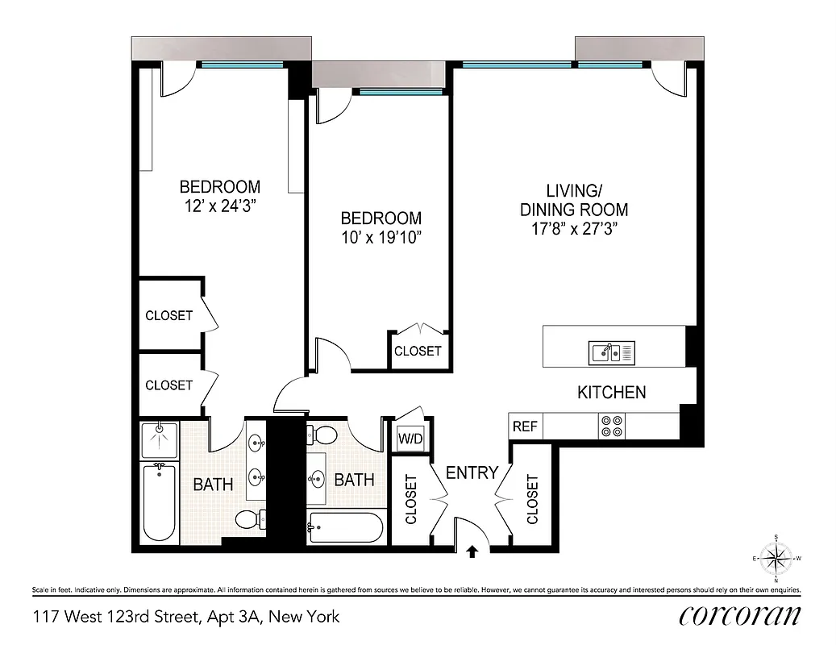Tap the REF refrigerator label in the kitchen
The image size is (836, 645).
pyautogui.click(x=524, y=427)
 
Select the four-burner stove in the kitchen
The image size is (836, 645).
pyautogui.click(x=612, y=426)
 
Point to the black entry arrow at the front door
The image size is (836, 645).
pyautogui.click(x=472, y=552)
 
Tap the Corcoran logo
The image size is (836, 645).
pyautogui.click(x=739, y=616)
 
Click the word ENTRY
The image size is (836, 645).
pyautogui.click(x=472, y=473)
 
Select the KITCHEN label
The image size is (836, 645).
pyautogui.click(x=611, y=393)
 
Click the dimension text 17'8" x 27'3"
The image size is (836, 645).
pyautogui.click(x=574, y=228)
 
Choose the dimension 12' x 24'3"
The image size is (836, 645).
pyautogui.click(x=219, y=206)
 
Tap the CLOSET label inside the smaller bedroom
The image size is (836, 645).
pyautogui.click(x=418, y=351)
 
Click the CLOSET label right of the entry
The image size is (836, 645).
pyautogui.click(x=532, y=499)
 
